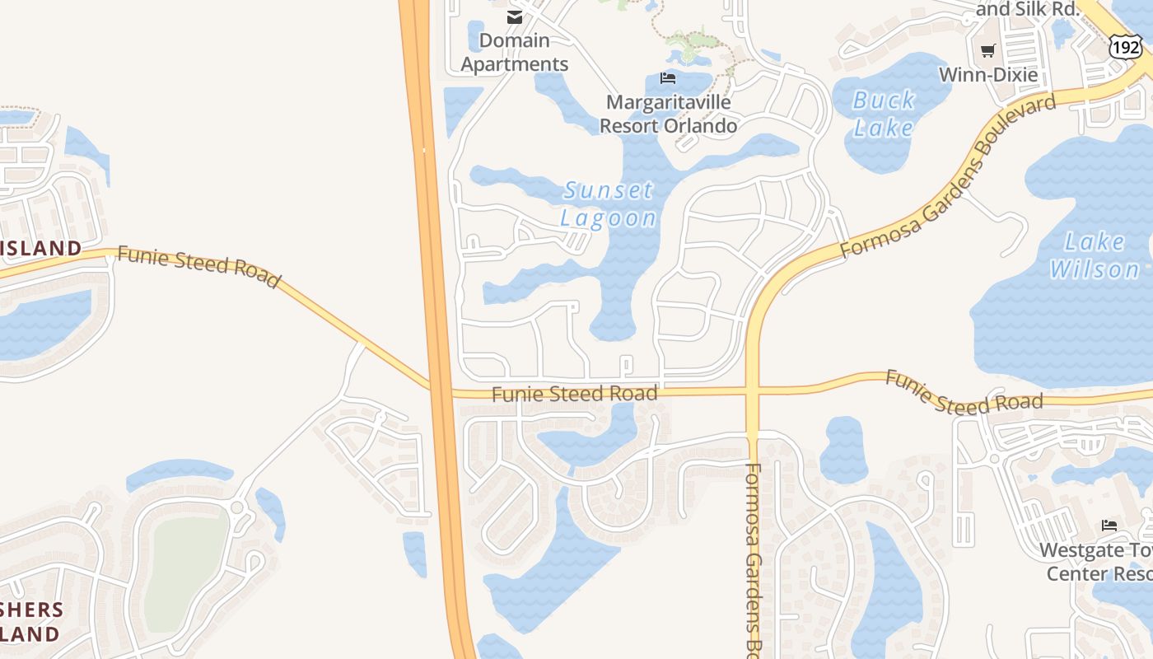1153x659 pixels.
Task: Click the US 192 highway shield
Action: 1125,46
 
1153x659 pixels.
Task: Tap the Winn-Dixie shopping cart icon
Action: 988,51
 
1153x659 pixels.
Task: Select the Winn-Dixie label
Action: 988,75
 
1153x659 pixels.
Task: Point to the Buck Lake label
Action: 884,114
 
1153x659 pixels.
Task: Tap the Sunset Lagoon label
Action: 609,203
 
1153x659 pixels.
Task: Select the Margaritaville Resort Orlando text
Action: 668,114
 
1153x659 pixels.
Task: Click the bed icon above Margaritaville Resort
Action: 668,78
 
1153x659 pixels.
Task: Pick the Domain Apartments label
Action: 515,52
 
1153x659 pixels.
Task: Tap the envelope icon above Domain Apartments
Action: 515,17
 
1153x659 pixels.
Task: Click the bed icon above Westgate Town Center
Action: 1109,525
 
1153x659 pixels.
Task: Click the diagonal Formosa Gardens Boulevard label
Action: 947,178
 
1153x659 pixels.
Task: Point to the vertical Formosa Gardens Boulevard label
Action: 753,560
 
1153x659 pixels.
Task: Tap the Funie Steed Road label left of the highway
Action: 198,265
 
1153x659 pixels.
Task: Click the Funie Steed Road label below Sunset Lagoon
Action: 575,394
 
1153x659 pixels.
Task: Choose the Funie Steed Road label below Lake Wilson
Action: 964,393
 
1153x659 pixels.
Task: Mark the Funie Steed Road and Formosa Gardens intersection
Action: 752,390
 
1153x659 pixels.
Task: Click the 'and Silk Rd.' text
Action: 1027,9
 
